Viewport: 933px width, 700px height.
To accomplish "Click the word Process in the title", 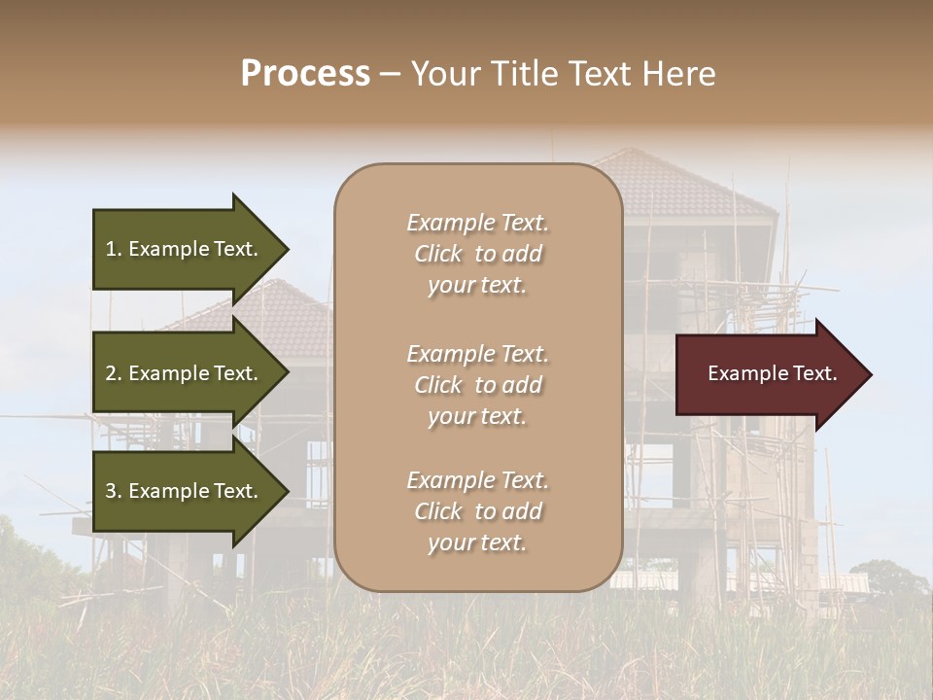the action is [x=305, y=74].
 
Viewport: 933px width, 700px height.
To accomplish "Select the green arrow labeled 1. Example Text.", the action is [x=185, y=249].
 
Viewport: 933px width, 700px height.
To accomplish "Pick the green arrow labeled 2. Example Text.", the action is [x=185, y=373].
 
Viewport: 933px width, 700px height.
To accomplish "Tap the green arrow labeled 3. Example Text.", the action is [x=185, y=491].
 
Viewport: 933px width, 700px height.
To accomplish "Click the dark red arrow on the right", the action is [x=768, y=373].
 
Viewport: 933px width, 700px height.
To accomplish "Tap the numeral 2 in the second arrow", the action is [x=112, y=373].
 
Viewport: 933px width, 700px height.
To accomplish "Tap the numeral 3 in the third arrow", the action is [x=112, y=491].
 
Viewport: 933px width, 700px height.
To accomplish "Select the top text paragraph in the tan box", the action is [x=477, y=254].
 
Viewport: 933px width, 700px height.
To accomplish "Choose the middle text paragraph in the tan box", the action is [x=477, y=385].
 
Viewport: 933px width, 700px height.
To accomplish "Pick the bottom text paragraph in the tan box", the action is [x=477, y=511].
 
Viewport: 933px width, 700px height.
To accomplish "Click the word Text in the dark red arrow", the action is [x=814, y=373].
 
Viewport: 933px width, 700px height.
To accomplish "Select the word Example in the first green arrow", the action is [x=170, y=249].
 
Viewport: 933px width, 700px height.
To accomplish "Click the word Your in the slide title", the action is [x=446, y=74].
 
